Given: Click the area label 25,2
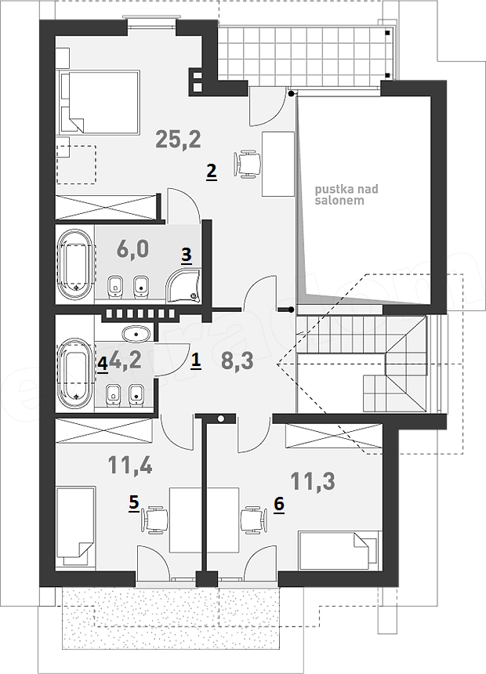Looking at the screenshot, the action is [178, 140].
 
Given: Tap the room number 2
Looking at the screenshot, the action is [211, 172].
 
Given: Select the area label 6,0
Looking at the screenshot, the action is [132, 249].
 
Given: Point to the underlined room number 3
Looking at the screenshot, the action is [186, 255].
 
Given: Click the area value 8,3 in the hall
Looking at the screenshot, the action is [237, 361].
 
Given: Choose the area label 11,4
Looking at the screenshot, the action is [130, 465].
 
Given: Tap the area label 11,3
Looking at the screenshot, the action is [313, 481].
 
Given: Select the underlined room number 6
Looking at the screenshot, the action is [279, 504].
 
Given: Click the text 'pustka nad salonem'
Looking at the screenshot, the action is [346, 194].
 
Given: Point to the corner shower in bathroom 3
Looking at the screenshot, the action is [184, 285].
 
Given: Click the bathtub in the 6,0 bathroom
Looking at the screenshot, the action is [74, 265].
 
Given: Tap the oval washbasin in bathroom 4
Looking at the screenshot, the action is [137, 333].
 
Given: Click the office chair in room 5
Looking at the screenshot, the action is [154, 520].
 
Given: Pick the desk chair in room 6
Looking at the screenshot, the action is [255, 520].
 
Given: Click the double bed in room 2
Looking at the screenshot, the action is [100, 101].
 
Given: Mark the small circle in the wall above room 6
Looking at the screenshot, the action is [221, 419].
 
